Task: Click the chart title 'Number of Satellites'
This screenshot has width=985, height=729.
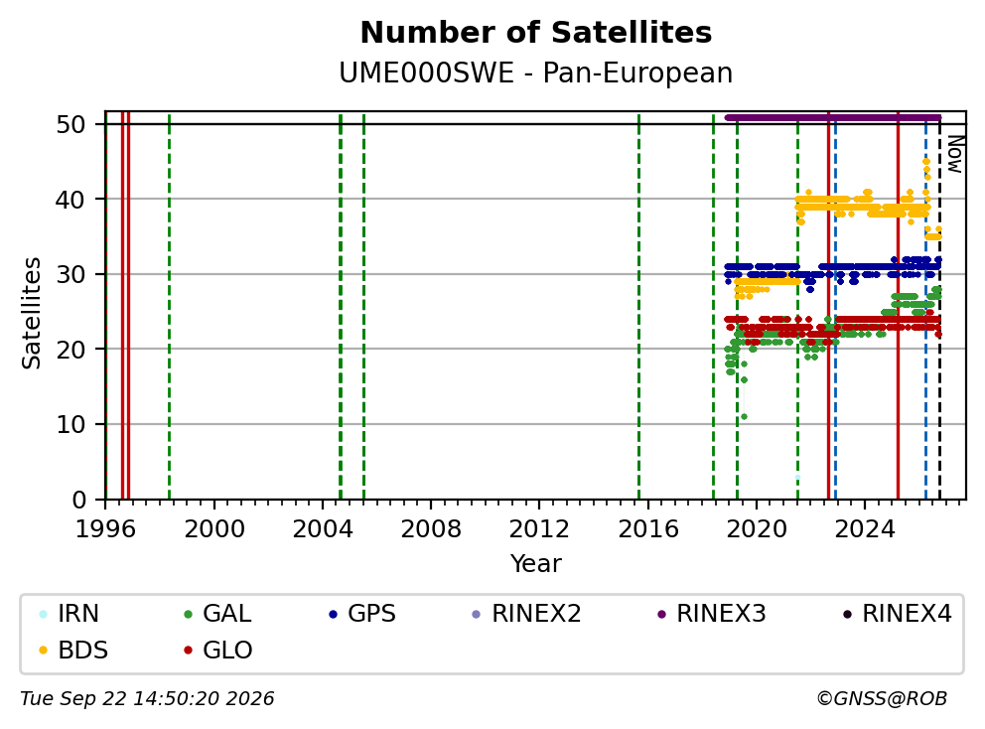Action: [x=536, y=33]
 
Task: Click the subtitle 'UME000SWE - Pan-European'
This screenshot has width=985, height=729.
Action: [x=536, y=73]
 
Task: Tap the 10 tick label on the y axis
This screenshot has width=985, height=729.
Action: [x=70, y=424]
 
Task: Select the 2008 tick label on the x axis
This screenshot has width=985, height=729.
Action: [x=431, y=529]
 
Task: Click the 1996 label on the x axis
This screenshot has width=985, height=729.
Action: [x=105, y=529]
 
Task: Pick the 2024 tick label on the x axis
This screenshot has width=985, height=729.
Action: [x=865, y=529]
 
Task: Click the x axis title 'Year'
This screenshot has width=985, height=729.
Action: [x=536, y=564]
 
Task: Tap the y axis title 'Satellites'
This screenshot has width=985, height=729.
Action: [x=32, y=313]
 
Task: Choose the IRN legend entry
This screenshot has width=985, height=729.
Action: [x=69, y=614]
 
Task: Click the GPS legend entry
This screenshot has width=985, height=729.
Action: [x=362, y=614]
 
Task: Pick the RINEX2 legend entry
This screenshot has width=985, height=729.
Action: [x=526, y=614]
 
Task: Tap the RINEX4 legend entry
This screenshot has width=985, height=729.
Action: [x=897, y=614]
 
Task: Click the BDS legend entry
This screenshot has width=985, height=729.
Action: [x=72, y=650]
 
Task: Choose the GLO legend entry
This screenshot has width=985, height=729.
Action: [x=218, y=650]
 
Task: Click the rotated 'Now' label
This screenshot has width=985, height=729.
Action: [x=955, y=155]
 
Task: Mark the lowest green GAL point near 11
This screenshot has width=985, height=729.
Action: [x=744, y=417]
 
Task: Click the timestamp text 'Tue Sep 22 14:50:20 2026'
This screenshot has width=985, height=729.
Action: [x=147, y=699]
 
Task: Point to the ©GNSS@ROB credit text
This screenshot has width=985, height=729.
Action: [x=882, y=699]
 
